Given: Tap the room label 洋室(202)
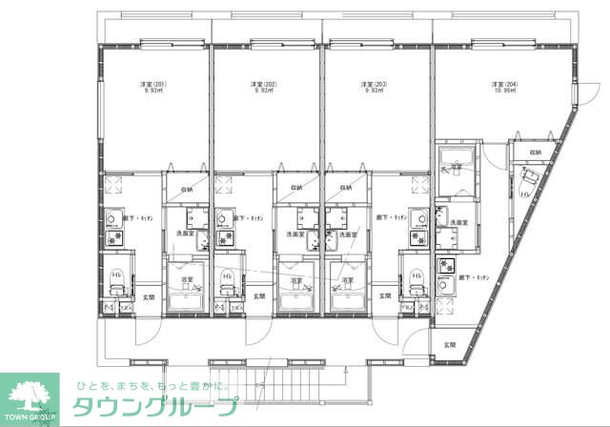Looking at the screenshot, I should (264, 85).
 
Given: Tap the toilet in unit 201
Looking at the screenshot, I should (115, 280).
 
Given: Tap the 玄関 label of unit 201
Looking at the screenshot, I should (148, 296).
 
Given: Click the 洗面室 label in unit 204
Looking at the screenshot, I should (457, 223).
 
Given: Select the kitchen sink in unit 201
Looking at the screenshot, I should (115, 215).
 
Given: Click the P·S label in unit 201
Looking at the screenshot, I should (109, 308).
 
